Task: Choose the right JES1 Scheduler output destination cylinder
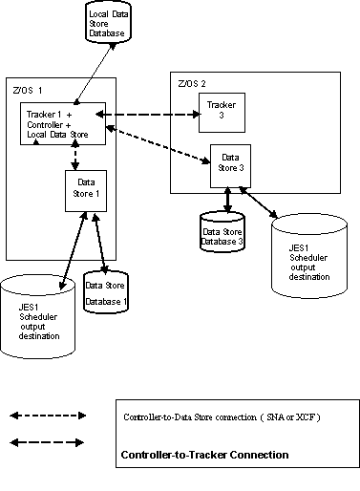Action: (x=305, y=252)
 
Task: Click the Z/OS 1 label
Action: (x=28, y=89)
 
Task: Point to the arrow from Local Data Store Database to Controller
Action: (x=88, y=77)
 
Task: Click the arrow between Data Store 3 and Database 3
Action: (x=227, y=199)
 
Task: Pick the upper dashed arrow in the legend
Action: (x=47, y=416)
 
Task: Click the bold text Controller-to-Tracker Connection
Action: (x=204, y=455)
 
